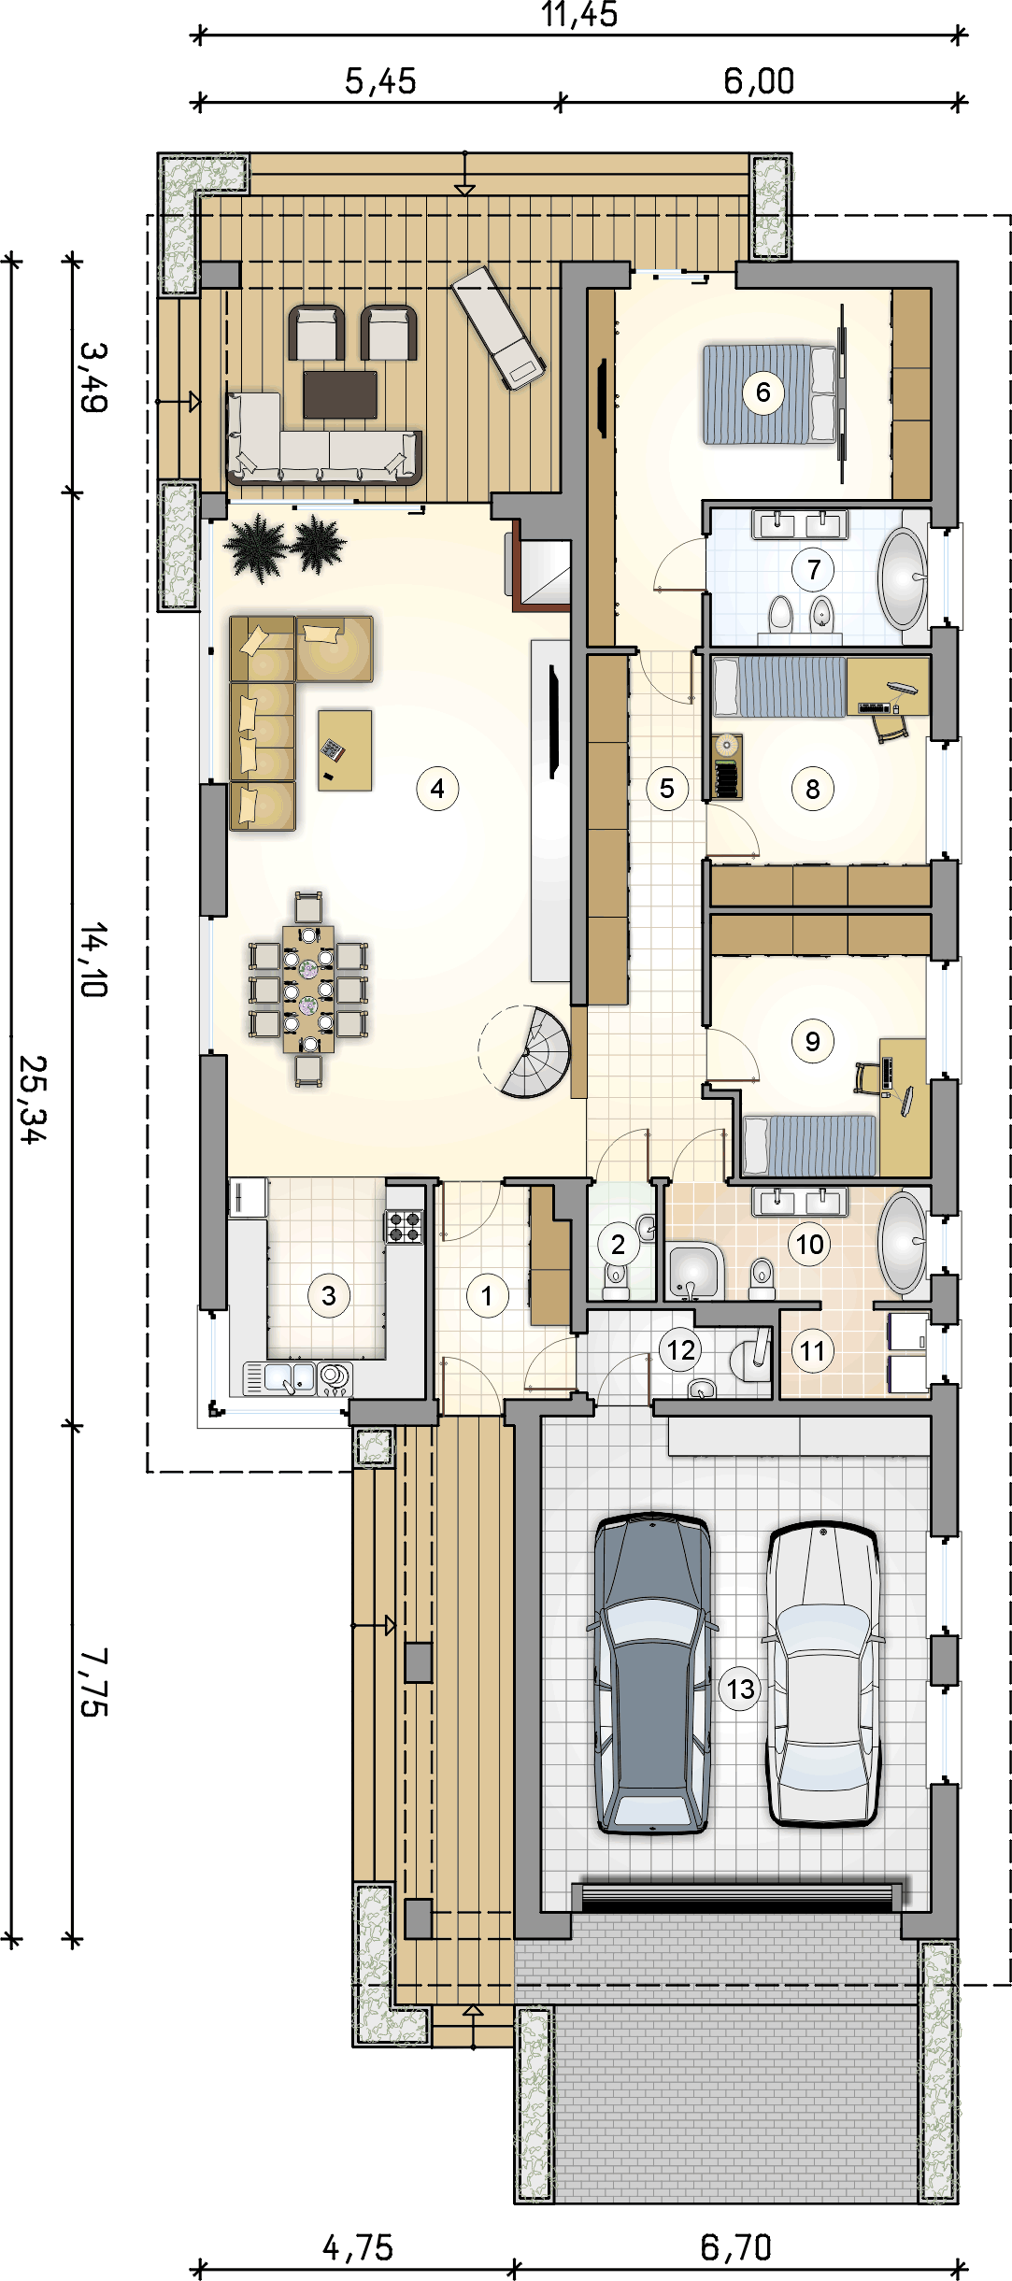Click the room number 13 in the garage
pos(740,1689)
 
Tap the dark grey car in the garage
pos(651,1673)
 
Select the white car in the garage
pos(822,1673)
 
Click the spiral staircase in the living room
pos(528,1052)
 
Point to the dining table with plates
pos(308,989)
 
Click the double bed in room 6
pos(768,393)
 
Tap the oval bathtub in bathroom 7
pos(903,577)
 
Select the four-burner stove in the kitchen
pos(405,1226)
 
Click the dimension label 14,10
pos(94,960)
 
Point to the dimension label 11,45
pos(579,15)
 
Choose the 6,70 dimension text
pos(735,2247)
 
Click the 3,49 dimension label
pos(94,377)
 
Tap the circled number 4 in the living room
pos(437,789)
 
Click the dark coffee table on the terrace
pos(340,394)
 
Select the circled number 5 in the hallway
pos(666,789)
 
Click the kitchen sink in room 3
pos(279,1376)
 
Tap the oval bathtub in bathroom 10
pos(902,1242)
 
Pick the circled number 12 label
pos(680,1349)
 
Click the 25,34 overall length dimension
pos(32,1099)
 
